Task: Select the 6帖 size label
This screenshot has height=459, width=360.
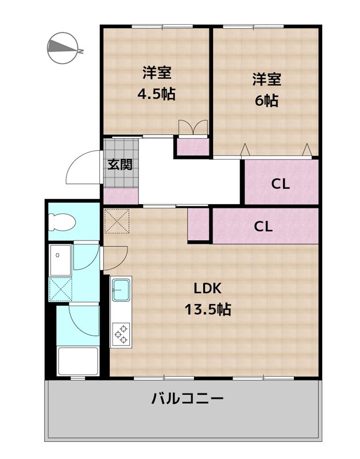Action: tap(266, 100)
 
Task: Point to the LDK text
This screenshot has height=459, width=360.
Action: tap(207, 289)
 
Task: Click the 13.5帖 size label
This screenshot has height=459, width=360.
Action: tap(207, 310)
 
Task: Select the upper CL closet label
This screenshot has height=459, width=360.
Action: tap(280, 184)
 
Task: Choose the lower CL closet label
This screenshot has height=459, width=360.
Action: tap(264, 226)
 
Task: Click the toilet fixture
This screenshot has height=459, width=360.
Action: tap(63, 220)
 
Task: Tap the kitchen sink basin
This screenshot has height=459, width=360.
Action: tap(121, 290)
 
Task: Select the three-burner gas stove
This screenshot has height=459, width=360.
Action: tap(121, 334)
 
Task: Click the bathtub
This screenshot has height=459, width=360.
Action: tap(78, 360)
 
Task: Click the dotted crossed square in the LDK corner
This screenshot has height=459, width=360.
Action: tap(117, 221)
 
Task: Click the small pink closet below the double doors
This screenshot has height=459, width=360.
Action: tap(192, 147)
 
